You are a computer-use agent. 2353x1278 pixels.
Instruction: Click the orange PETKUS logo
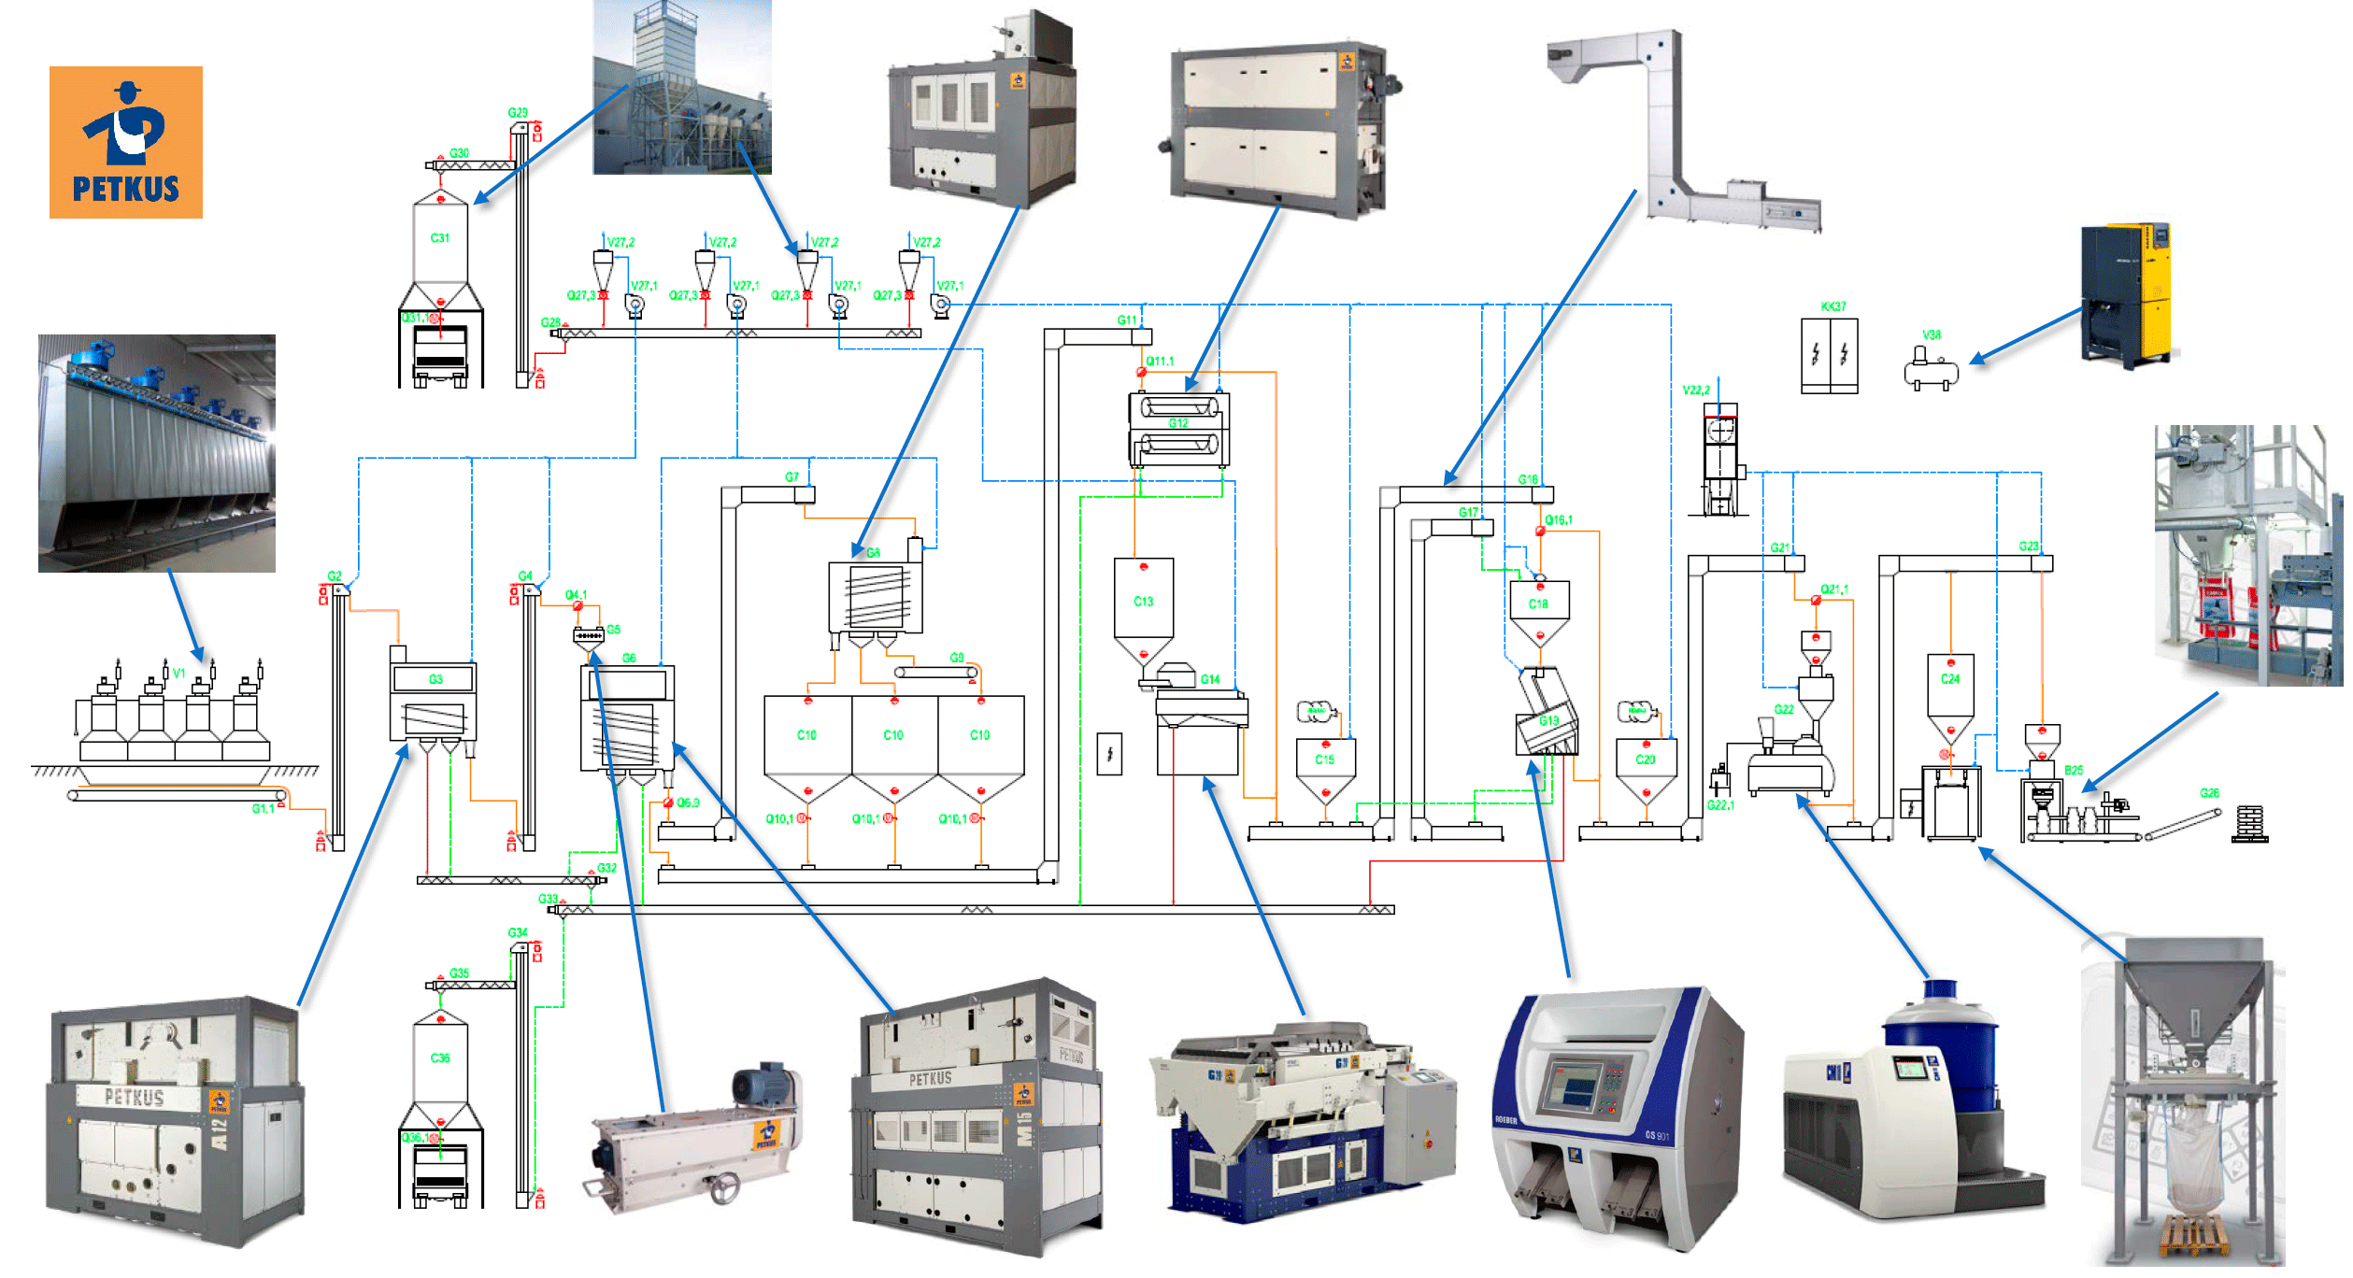click(x=125, y=142)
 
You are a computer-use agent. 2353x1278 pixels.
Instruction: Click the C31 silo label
click(x=439, y=238)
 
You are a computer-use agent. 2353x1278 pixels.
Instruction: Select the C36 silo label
click(x=439, y=1058)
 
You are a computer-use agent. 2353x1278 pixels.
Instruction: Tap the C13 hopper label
click(x=1143, y=602)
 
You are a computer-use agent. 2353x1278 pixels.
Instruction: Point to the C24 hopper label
click(x=1949, y=679)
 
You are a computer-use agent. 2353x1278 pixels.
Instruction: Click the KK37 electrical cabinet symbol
click(x=1829, y=355)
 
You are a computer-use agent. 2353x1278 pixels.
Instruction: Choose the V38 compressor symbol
click(x=1931, y=368)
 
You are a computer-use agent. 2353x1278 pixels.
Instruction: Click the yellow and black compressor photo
click(x=2125, y=294)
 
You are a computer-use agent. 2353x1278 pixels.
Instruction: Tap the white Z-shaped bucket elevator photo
click(x=1682, y=131)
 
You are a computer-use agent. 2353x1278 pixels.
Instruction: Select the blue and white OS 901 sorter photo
click(x=1617, y=1116)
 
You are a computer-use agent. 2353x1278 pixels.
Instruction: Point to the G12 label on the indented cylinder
click(x=1178, y=423)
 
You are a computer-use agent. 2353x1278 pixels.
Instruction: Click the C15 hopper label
click(x=1324, y=760)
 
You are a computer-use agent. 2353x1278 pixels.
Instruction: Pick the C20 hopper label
click(x=1645, y=760)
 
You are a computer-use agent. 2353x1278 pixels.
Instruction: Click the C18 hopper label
click(x=1538, y=604)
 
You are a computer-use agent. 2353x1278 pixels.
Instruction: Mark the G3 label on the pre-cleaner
click(x=435, y=679)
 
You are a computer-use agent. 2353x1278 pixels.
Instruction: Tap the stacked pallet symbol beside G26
click(x=2249, y=823)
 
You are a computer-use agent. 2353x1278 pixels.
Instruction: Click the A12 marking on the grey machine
click(x=220, y=1132)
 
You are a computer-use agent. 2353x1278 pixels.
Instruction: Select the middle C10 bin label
click(x=892, y=735)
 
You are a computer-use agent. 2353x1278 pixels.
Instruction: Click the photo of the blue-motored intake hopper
click(x=156, y=453)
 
